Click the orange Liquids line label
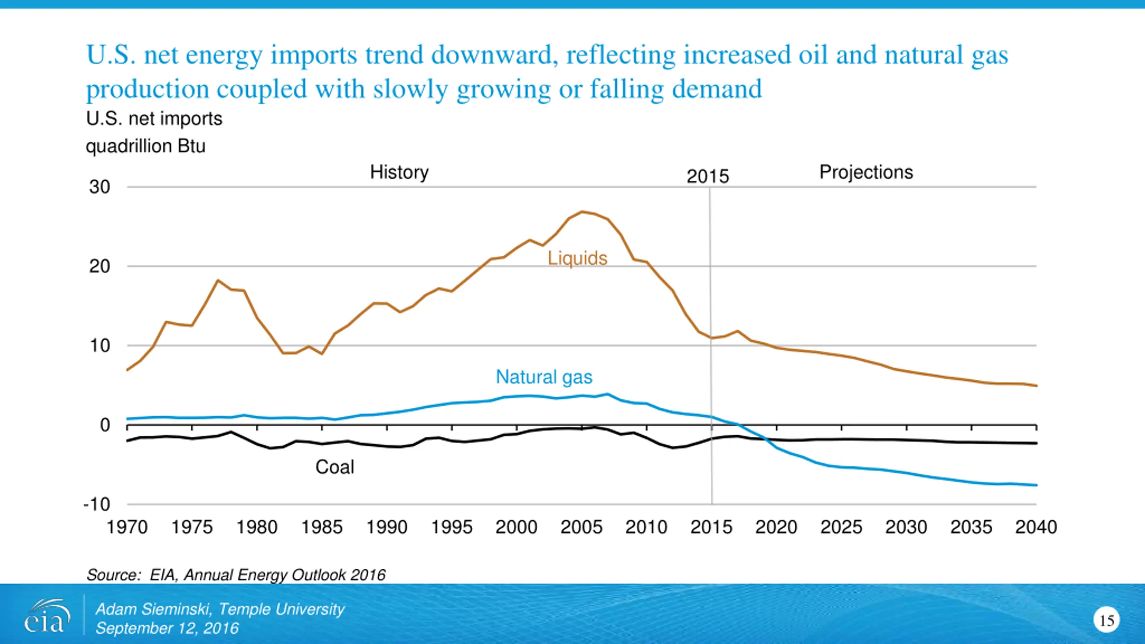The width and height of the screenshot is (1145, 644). tap(577, 258)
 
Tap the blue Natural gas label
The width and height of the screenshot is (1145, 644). tap(544, 377)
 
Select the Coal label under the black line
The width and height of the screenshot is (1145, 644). tap(335, 467)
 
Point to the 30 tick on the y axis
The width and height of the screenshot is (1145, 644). tap(99, 187)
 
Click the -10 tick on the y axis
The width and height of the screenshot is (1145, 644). tap(97, 504)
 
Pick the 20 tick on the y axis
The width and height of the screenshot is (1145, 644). tap(99, 267)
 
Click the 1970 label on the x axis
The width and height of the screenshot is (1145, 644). tap(127, 527)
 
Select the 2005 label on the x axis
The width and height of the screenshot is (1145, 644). tap(581, 527)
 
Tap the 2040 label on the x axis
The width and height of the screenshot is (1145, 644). tap(1036, 527)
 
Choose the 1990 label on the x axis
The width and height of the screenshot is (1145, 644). tap(387, 527)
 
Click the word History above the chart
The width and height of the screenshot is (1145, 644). tap(399, 173)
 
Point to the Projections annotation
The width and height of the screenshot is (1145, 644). tap(866, 173)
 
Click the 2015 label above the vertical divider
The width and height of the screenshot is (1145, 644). tap(708, 177)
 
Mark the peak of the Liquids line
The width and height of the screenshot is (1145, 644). tap(582, 212)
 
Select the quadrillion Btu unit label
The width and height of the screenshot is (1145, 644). tap(145, 146)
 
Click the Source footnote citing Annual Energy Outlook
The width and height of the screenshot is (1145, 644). tap(236, 575)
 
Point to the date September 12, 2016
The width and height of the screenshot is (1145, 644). tap(167, 628)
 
